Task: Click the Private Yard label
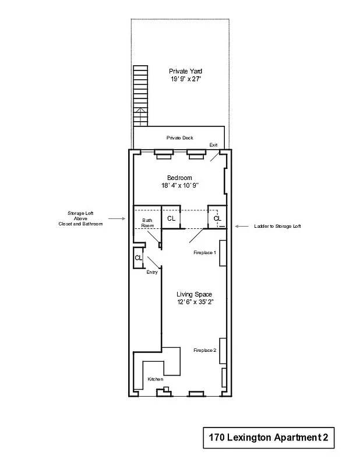click(x=181, y=71)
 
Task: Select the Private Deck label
click(x=179, y=138)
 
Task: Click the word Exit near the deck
click(x=214, y=145)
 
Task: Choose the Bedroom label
click(x=179, y=178)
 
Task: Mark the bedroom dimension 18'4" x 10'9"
click(x=179, y=186)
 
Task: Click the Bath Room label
click(x=147, y=223)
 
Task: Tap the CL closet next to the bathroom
click(x=171, y=218)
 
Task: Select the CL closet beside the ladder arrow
click(x=217, y=218)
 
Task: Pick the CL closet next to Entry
click(x=139, y=257)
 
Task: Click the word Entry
click(x=152, y=272)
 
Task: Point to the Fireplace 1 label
click(x=205, y=253)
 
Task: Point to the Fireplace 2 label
click(x=205, y=350)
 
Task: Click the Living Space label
click(x=194, y=294)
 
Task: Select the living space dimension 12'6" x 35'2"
click(x=194, y=302)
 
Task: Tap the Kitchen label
click(x=156, y=379)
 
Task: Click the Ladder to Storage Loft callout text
click(x=277, y=226)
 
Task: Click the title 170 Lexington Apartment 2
click(x=269, y=437)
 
